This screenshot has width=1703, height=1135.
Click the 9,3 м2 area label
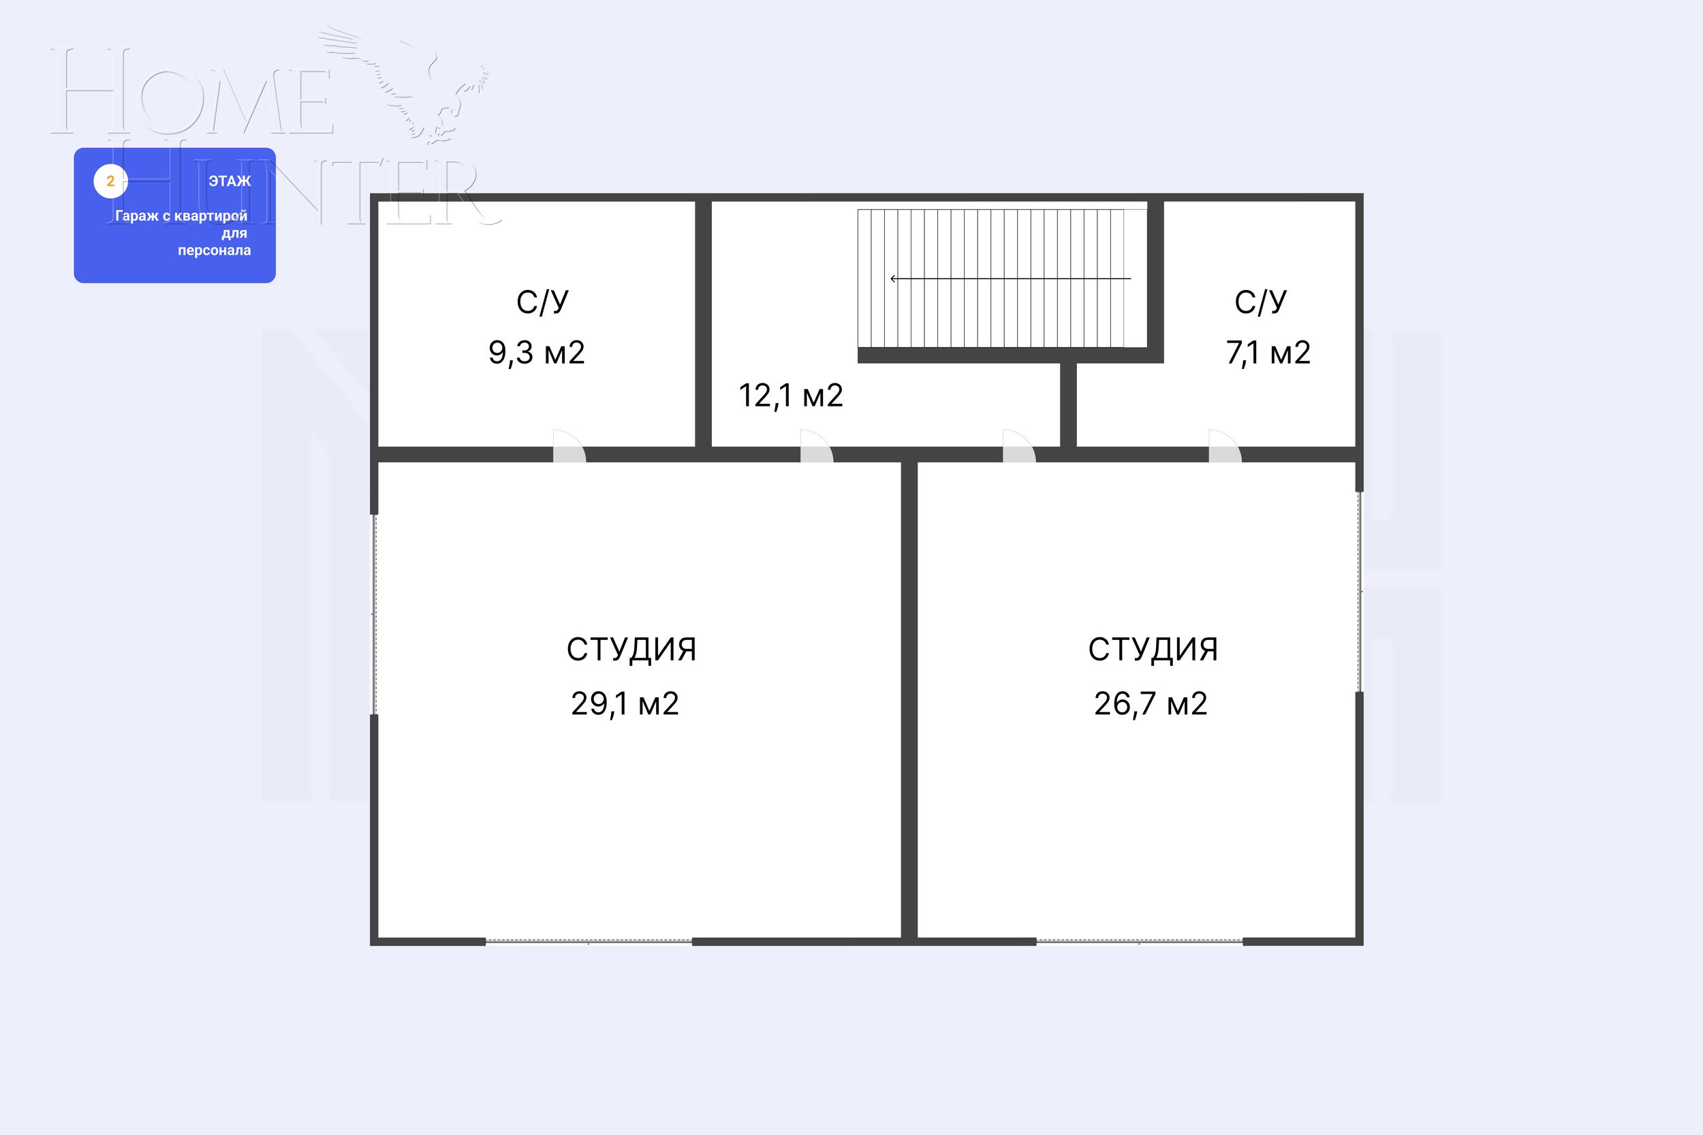click(x=537, y=353)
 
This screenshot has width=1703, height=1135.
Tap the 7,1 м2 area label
click(x=1268, y=353)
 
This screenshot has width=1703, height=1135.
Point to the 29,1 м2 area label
click(x=625, y=703)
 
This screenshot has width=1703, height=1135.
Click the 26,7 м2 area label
click(x=1151, y=703)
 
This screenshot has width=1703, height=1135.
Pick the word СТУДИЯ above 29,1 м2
click(x=631, y=650)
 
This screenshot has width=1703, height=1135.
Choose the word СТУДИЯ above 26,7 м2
click(x=1153, y=650)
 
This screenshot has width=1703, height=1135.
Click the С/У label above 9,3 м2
click(x=542, y=302)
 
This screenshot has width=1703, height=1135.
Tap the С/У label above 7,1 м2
click(x=1261, y=302)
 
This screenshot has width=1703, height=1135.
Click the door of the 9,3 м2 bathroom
click(x=569, y=446)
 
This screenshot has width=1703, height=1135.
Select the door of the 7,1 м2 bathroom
click(x=1224, y=446)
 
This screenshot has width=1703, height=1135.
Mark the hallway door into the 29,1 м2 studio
click(x=816, y=446)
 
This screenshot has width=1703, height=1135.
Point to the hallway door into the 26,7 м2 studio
click(x=1019, y=446)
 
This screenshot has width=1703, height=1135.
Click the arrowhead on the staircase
click(x=894, y=278)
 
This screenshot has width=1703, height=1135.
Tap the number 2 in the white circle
click(x=111, y=181)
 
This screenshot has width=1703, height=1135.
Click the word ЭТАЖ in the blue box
click(x=230, y=181)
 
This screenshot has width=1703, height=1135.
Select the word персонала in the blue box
click(x=215, y=251)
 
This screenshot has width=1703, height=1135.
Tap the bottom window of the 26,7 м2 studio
click(x=1140, y=941)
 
